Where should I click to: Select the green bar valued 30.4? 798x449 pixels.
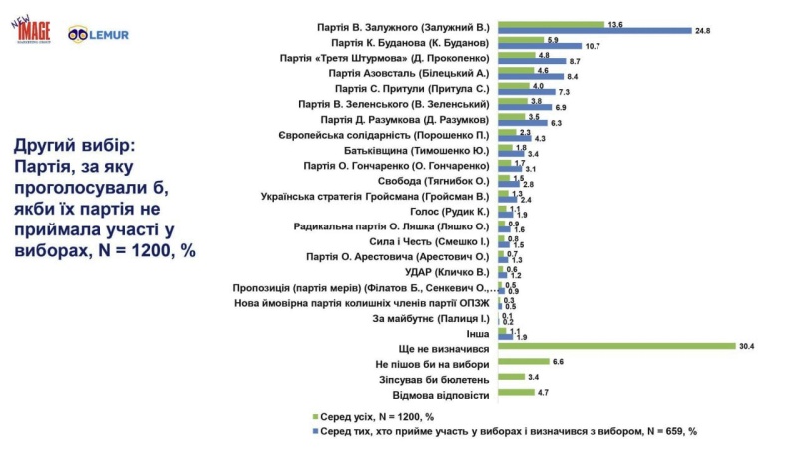pyautogui.click(x=612, y=347)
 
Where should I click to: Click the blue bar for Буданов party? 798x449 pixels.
pyautogui.click(x=545, y=46)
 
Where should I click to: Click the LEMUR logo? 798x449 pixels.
pyautogui.click(x=99, y=34)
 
